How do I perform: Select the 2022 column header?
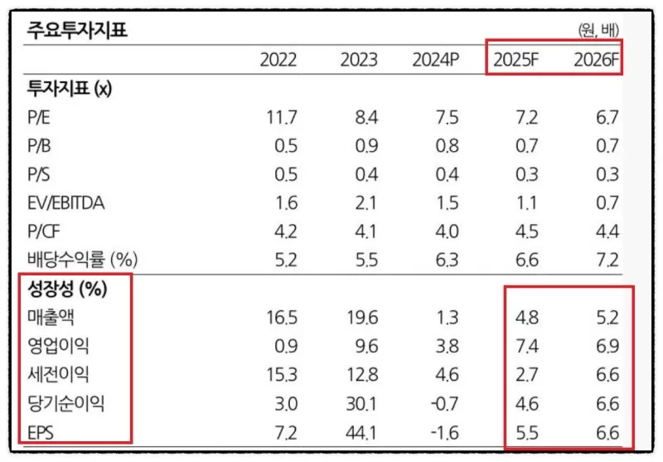point(278,60)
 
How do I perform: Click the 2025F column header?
point(515,60)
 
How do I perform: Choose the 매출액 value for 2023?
point(362,319)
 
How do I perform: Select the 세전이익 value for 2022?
point(283,376)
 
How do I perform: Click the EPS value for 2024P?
point(443,433)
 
